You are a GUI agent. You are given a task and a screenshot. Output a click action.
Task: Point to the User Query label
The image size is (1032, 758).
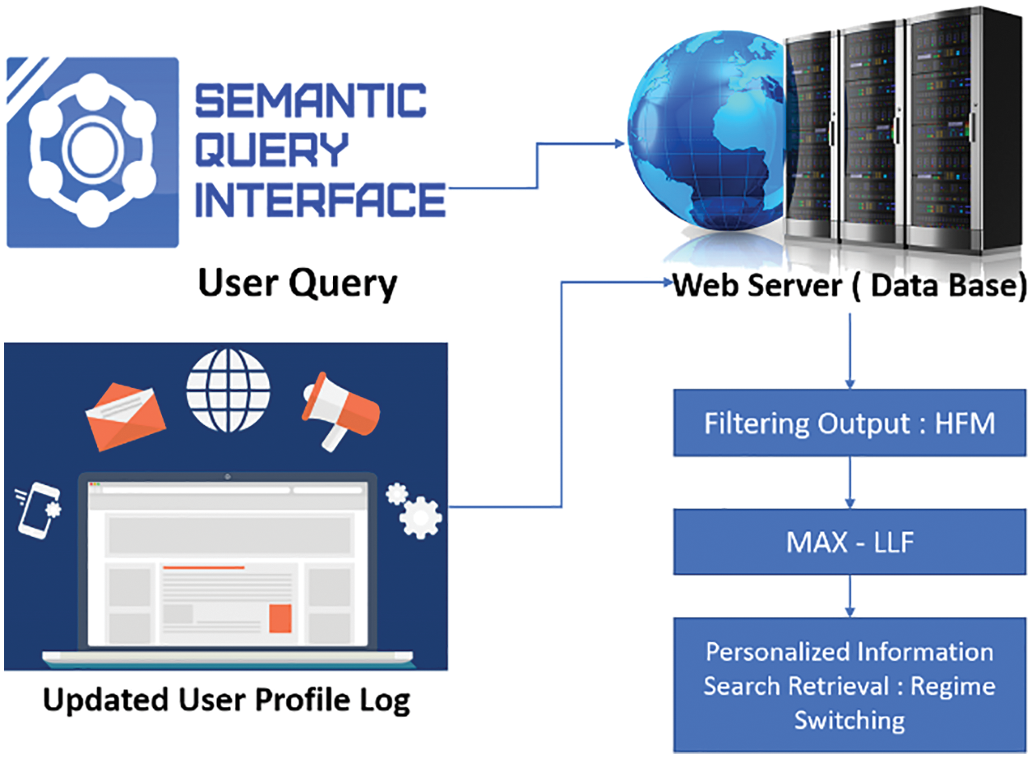tap(297, 284)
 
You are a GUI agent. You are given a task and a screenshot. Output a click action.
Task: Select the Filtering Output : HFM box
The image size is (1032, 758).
tap(849, 423)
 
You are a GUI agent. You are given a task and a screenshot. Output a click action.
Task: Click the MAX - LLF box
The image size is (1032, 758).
tap(849, 543)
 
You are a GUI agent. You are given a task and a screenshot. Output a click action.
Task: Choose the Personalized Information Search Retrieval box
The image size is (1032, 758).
tap(849, 686)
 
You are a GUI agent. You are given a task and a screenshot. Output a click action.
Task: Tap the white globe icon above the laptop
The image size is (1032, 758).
tap(227, 391)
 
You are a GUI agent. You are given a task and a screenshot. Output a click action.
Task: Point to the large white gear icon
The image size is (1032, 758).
tap(422, 518)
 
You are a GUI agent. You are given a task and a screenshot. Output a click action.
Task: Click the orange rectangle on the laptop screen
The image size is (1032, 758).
tap(280, 618)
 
